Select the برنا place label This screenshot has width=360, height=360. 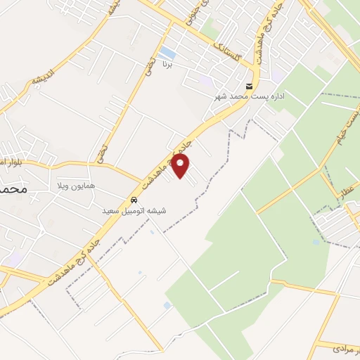click(x=167, y=65)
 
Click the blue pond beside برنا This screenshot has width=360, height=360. click(x=167, y=53)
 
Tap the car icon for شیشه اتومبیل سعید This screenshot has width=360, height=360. click(x=134, y=199)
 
